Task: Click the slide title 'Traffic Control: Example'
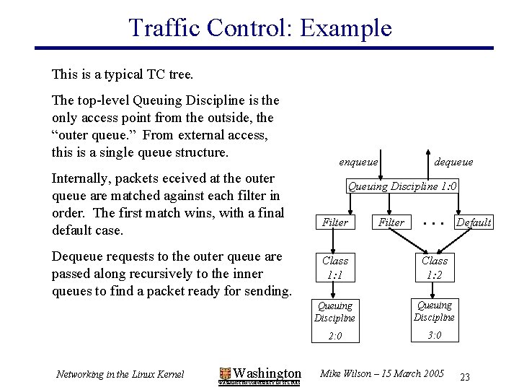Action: point(259,27)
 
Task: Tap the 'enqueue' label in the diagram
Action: point(358,162)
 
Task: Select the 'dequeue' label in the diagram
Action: point(453,162)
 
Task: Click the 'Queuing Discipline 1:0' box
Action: point(404,186)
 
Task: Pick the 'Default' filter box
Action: point(473,222)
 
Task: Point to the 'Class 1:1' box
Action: point(335,267)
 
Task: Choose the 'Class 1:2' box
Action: point(434,267)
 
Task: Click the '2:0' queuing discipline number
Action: point(335,336)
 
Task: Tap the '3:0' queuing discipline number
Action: point(434,335)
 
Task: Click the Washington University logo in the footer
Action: point(259,374)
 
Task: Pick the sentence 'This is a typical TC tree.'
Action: point(123,74)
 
